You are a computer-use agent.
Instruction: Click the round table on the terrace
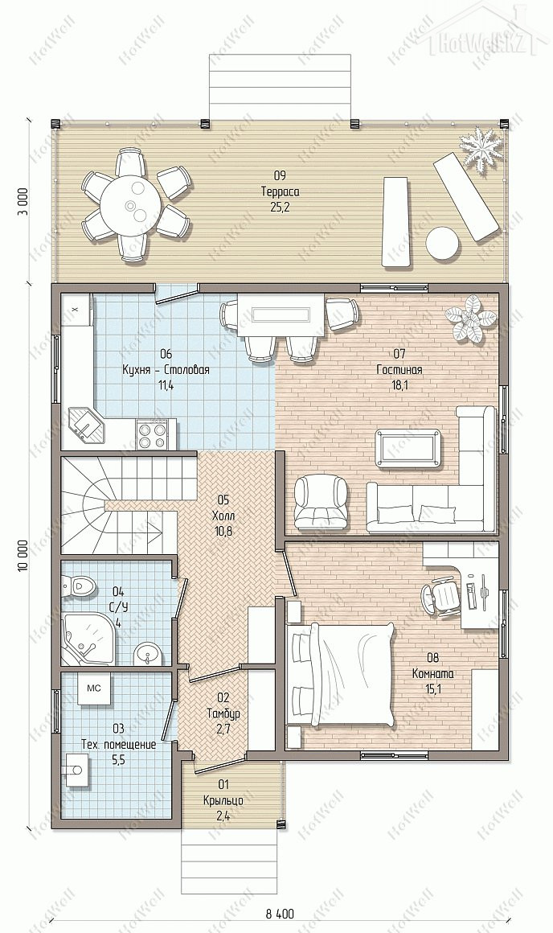(x=131, y=205)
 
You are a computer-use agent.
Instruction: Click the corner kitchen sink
(x=86, y=425)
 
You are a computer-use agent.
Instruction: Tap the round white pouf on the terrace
(x=442, y=243)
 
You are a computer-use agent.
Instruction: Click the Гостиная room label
(x=399, y=370)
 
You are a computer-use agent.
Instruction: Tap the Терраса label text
(x=280, y=191)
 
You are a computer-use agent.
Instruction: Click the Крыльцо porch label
(x=223, y=800)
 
